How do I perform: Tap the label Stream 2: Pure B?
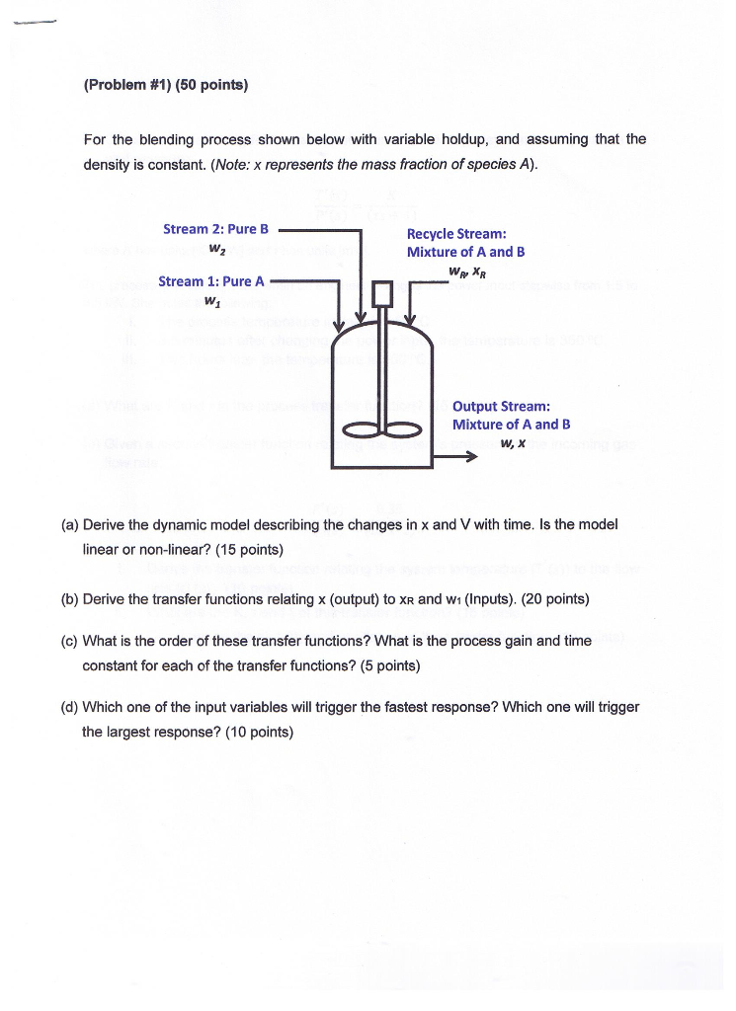215,229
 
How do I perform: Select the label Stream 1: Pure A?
211,281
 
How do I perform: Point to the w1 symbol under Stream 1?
210,300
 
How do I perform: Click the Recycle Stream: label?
456,234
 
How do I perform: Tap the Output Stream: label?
501,406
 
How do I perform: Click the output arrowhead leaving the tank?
470,456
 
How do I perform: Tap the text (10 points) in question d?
259,732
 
